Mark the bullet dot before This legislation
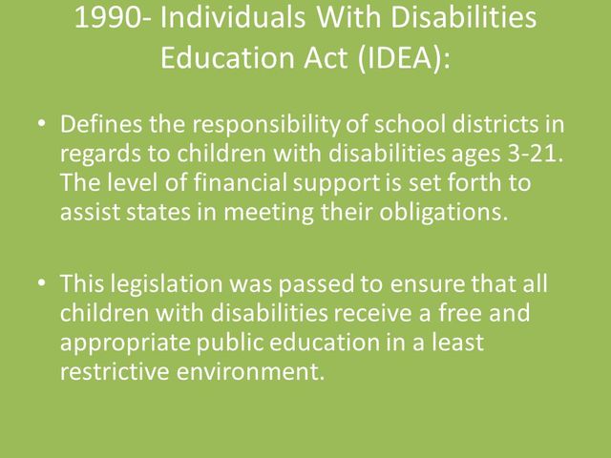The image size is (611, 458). (38, 284)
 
